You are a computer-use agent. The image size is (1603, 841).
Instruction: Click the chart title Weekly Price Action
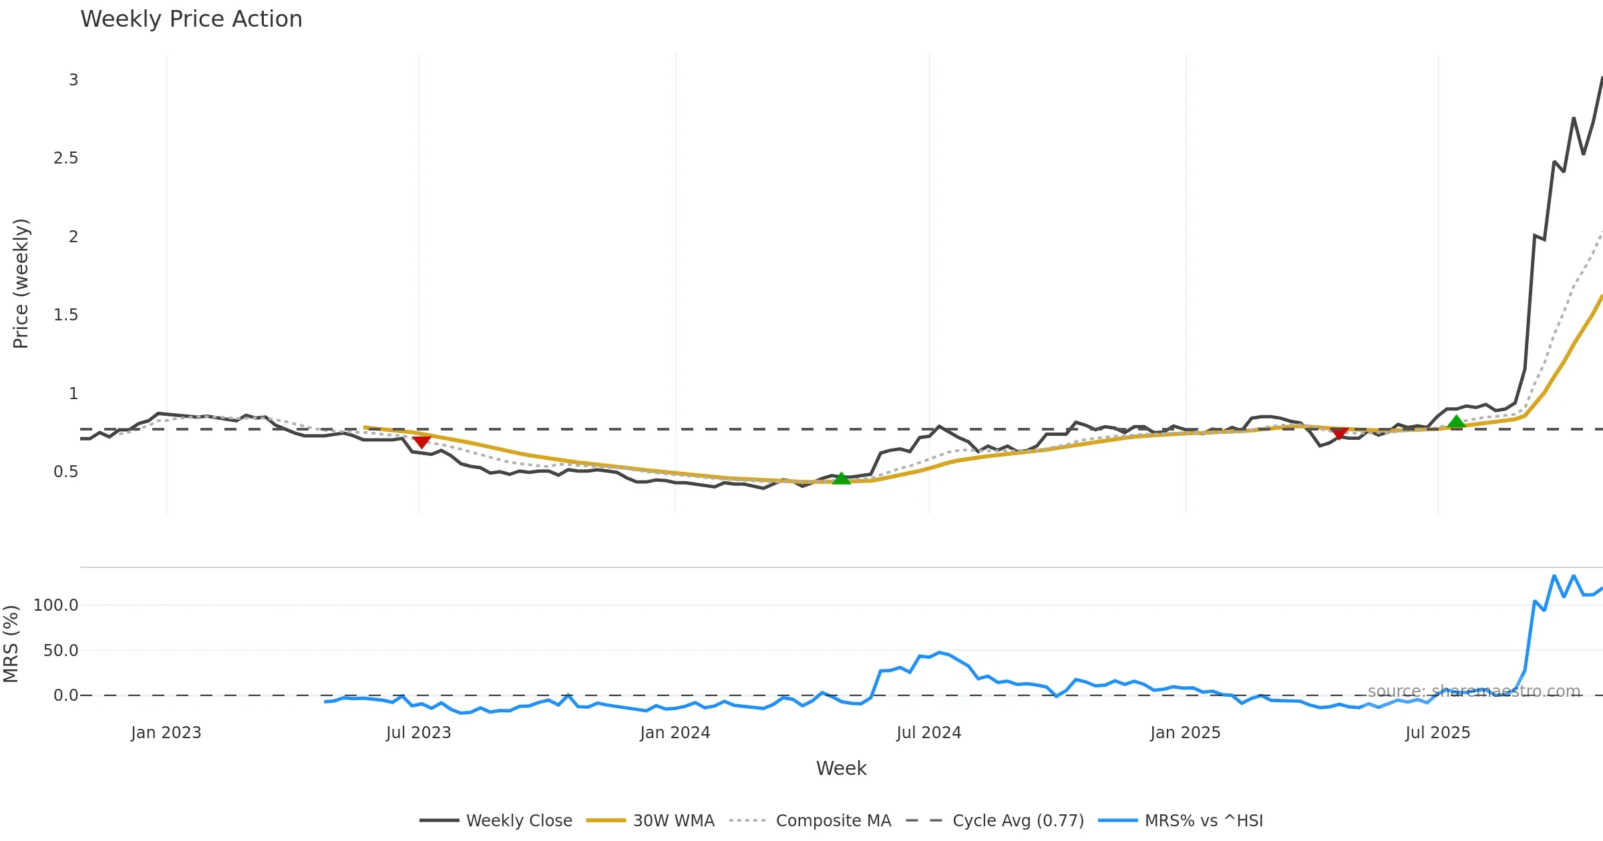pos(191,19)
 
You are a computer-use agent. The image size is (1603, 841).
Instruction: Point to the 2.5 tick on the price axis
pos(65,158)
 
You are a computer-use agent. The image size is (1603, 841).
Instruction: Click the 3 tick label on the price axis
pos(73,80)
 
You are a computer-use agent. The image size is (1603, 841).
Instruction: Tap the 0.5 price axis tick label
pos(65,472)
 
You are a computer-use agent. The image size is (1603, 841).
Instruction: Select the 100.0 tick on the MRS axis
pos(56,605)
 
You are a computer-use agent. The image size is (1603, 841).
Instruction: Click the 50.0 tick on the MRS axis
pos(60,650)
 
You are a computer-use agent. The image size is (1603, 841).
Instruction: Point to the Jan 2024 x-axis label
pos(675,733)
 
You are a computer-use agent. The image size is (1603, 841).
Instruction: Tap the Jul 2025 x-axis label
pos(1437,733)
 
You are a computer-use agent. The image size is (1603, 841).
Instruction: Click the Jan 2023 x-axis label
pos(166,733)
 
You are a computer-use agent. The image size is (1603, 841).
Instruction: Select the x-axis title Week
pos(841,768)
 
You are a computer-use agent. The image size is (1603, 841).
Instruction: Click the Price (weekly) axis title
pos(21,284)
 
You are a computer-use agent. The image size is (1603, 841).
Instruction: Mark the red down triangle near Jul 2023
pos(421,442)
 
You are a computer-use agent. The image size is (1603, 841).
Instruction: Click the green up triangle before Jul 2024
pos(842,478)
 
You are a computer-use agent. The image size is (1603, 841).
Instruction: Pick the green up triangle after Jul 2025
pos(1457,421)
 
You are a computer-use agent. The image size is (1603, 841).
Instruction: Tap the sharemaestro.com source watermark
pos(1473,691)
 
